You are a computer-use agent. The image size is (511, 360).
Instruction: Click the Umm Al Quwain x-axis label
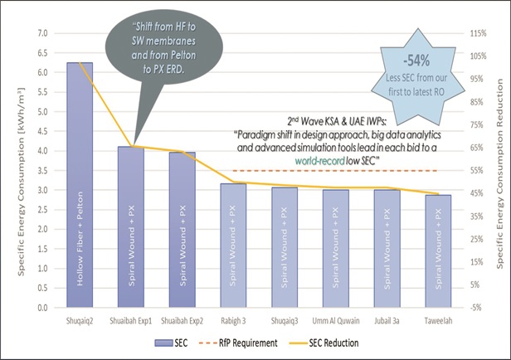(335, 318)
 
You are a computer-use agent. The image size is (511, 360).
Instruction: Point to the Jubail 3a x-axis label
(387, 318)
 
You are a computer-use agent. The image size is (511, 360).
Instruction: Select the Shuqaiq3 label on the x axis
(284, 318)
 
